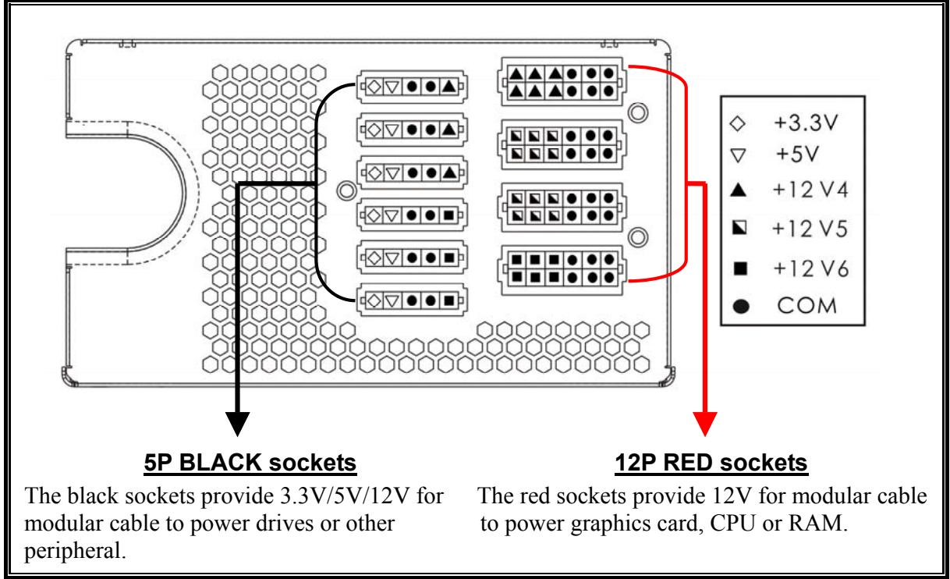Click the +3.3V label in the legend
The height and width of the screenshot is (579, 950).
click(x=806, y=123)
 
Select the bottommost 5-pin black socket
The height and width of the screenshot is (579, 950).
click(x=411, y=298)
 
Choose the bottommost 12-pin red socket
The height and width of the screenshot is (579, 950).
click(x=559, y=267)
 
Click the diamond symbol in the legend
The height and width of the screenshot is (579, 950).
click(x=743, y=123)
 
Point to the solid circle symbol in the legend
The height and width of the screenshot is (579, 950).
click(x=743, y=305)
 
